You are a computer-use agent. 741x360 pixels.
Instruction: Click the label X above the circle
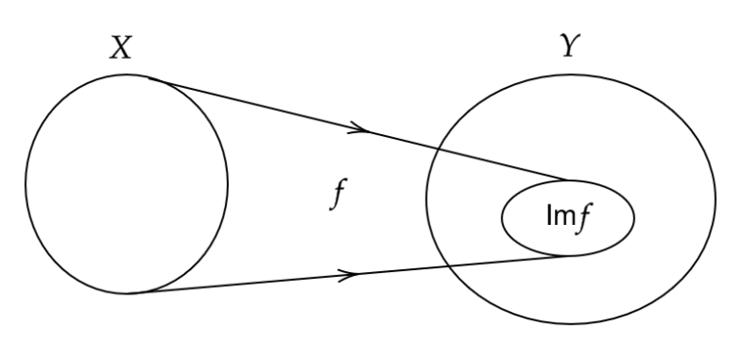(x=121, y=47)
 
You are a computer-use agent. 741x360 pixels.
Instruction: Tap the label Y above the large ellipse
(x=570, y=45)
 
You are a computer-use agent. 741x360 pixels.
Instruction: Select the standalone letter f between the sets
(x=339, y=194)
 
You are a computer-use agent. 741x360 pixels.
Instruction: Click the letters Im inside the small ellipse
(x=561, y=215)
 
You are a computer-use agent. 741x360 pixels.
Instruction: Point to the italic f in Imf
(x=584, y=218)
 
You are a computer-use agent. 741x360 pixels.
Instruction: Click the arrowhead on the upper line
(x=359, y=127)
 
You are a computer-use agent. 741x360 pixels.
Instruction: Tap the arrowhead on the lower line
(x=348, y=275)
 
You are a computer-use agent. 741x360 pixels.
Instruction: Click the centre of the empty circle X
(x=126, y=184)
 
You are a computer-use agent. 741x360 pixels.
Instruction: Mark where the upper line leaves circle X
(x=150, y=77)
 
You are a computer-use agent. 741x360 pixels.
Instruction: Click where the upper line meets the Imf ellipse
(x=567, y=180)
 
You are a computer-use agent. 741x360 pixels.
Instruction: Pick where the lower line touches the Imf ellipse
(x=569, y=256)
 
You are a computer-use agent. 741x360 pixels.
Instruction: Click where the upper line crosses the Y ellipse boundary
(x=438, y=148)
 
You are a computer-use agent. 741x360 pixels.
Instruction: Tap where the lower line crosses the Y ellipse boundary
(x=447, y=266)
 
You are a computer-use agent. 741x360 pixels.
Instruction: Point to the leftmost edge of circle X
(x=25, y=184)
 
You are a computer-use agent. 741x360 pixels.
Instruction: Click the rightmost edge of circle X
(x=228, y=184)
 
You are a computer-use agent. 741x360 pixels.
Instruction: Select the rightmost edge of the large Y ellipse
(x=716, y=200)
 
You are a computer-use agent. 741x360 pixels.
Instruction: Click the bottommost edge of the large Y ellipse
(x=571, y=324)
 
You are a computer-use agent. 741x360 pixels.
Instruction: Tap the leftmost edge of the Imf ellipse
(x=502, y=218)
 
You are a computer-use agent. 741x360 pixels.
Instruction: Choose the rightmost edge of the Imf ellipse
(x=634, y=218)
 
